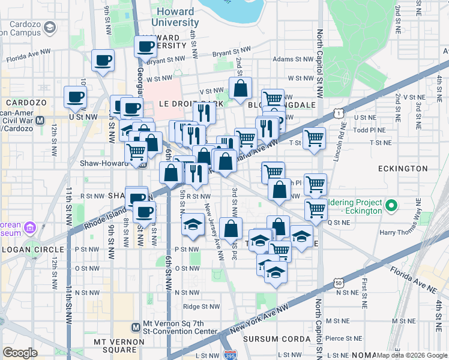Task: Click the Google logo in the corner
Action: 20,353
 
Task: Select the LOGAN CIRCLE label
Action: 32,249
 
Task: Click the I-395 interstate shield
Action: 229,355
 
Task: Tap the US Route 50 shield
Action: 340,282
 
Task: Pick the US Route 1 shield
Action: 340,113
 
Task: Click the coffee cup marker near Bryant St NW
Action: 145,46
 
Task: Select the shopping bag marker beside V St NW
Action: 240,89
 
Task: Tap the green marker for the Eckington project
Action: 392,206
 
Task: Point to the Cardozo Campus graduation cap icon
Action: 49,27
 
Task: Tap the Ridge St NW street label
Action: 201,306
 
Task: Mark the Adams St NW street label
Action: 292,59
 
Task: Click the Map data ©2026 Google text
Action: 412,355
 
